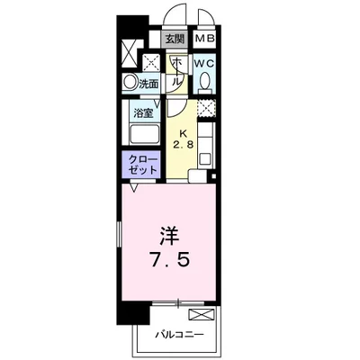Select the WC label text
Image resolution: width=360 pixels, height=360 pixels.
pos(203,64)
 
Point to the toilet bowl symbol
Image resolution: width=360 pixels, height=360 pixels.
pos(205,83)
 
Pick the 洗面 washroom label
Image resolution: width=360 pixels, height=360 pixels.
pos(149,84)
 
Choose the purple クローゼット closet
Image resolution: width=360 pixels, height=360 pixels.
pos(142,165)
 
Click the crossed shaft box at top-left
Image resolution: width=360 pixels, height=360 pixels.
pos(129,51)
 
